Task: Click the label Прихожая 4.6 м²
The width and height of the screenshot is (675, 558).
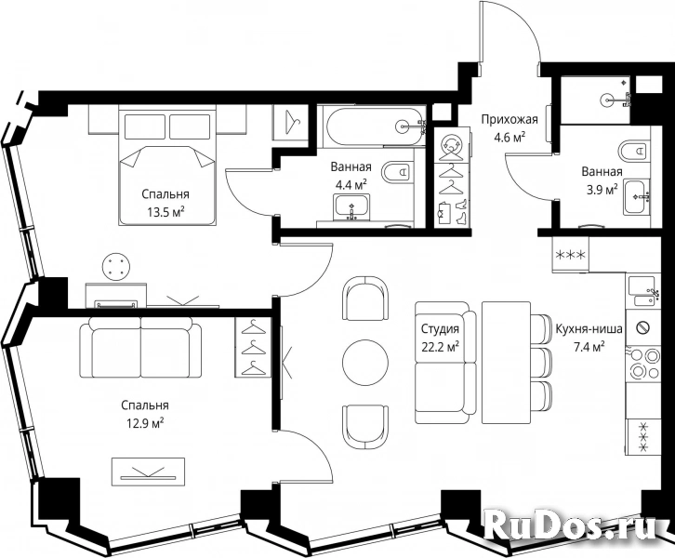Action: [510, 128]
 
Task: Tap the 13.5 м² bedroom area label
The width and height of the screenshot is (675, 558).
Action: [165, 203]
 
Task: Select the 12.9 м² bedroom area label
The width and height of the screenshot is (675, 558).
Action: [145, 414]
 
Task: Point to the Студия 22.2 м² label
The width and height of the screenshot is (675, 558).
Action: [440, 338]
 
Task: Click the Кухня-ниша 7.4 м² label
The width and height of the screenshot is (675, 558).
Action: [589, 338]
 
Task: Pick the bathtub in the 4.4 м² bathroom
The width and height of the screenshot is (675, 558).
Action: [375, 125]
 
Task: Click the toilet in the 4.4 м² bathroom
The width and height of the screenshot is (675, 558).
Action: [397, 173]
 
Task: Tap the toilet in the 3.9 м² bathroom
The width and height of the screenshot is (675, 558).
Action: [635, 151]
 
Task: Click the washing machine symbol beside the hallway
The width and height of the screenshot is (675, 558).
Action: [451, 145]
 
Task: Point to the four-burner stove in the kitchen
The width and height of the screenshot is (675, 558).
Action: [644, 363]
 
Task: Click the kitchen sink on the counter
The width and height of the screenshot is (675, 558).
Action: [643, 292]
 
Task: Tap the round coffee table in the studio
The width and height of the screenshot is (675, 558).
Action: [365, 361]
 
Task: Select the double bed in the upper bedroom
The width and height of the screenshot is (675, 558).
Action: [167, 166]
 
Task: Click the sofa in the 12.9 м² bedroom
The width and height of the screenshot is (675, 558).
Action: [140, 348]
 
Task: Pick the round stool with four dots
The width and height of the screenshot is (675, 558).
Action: [116, 267]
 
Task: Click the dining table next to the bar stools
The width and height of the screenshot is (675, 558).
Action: [506, 363]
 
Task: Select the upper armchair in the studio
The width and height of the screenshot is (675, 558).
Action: [365, 299]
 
